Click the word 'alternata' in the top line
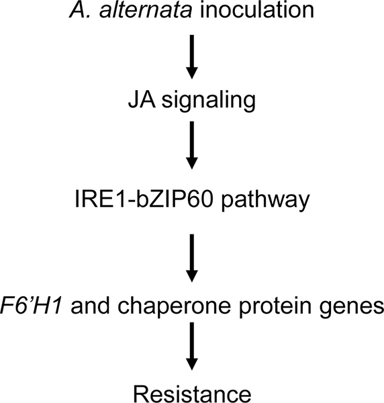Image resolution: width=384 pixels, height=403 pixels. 146,10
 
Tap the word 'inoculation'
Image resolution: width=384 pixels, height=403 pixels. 257,10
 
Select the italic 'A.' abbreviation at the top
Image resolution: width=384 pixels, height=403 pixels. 81,10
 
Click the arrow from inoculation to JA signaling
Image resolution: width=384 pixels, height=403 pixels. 192,56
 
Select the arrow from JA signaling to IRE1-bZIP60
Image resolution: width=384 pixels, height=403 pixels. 192,145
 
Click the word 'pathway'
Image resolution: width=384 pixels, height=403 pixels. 265,201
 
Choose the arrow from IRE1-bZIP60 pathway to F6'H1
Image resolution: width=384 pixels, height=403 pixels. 192,258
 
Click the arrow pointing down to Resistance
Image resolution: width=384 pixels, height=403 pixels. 192,346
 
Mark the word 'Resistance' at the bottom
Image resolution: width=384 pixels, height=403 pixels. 192,394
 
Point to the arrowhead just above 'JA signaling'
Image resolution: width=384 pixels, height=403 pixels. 192,73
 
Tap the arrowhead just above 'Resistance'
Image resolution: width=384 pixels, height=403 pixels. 192,364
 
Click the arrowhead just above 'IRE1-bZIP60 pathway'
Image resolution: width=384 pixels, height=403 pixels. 192,163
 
